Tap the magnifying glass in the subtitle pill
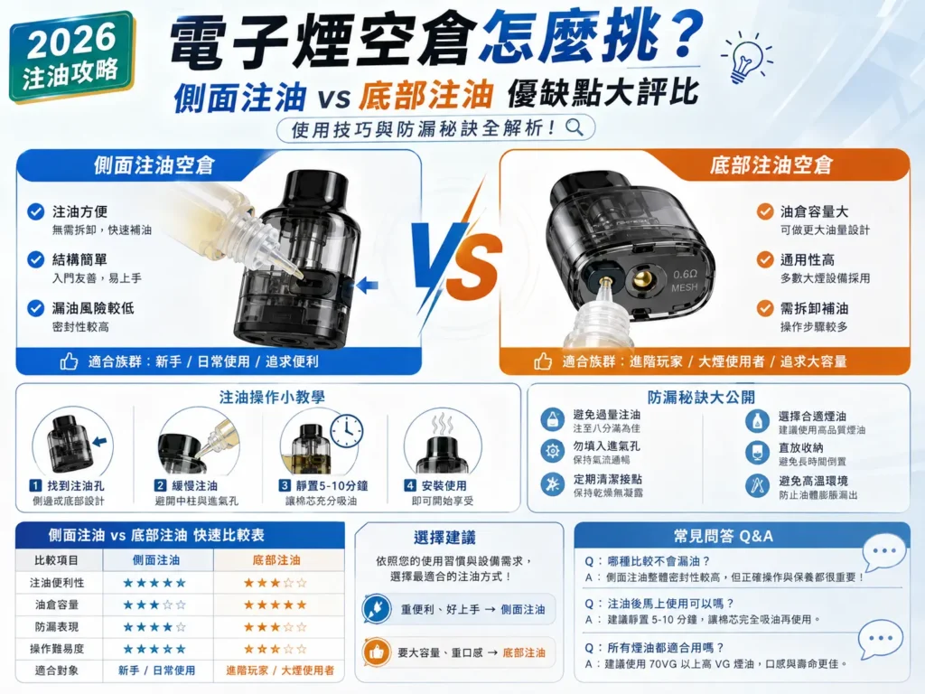pos(574,127)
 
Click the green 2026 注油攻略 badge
pos(71,57)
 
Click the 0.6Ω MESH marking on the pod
pos(685,281)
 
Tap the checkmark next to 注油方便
pos(36,211)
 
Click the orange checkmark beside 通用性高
pos(765,259)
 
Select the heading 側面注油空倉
pos(154,165)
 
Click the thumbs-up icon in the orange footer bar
pos(543,361)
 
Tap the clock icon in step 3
pos(347,430)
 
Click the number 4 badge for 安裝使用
pos(410,485)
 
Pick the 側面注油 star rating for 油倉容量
pos(154,605)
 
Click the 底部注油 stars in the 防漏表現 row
pos(276,627)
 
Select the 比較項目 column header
pos(57,560)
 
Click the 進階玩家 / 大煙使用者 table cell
pos(280,671)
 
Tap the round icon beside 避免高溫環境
pos(757,485)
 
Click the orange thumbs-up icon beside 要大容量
pos(376,652)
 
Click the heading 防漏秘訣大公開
pos(701,398)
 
